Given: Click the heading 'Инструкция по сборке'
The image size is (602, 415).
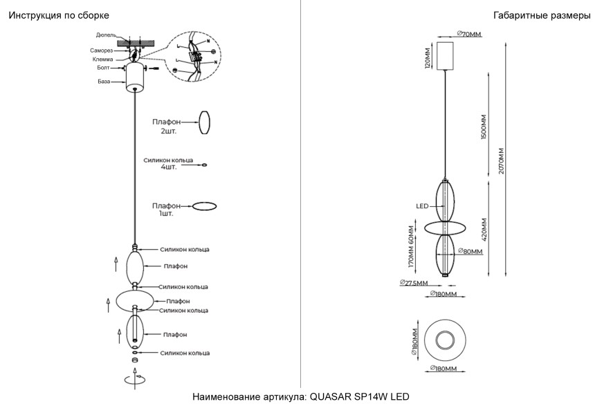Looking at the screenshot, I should click(x=59, y=15).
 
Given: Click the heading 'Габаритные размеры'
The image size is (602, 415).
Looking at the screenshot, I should click(x=542, y=15).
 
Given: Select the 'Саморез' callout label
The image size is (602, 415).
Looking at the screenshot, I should click(x=102, y=50).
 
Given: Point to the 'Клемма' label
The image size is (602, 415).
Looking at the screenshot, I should click(x=102, y=59).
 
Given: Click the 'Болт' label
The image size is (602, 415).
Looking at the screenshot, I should click(x=104, y=68).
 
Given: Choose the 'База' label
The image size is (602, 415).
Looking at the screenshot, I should click(x=104, y=81).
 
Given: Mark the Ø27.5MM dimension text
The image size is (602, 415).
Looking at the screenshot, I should click(x=414, y=283).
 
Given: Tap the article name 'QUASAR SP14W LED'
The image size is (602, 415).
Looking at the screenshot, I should click(x=360, y=397).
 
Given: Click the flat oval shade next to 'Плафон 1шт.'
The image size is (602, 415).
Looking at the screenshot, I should click(x=203, y=206).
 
